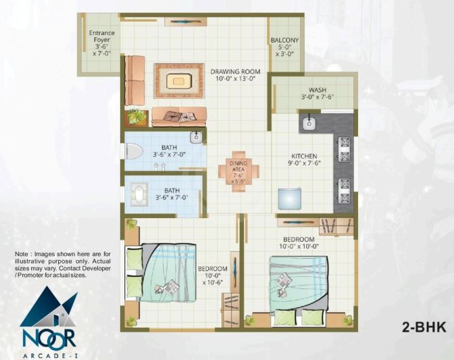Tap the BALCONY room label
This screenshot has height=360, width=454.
coord(284,41)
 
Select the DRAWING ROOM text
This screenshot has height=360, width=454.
coord(232,71)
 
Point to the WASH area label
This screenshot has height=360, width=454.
coord(318,90)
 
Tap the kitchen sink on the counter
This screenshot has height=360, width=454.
coord(310,123)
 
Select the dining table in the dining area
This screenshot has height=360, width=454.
coord(238,172)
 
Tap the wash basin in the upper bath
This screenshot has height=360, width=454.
coord(197,138)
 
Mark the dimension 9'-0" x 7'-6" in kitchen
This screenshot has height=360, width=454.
coord(299,162)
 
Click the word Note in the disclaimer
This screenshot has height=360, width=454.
coord(23,254)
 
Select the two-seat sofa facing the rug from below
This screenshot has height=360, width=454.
coord(178,117)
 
